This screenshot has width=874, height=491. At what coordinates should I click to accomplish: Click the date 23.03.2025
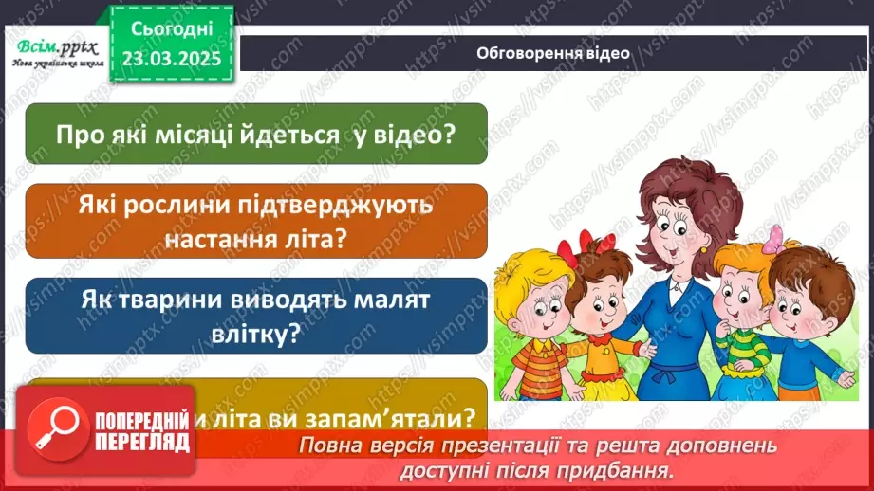(x=171, y=57)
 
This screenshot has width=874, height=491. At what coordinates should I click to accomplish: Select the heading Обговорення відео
(x=553, y=54)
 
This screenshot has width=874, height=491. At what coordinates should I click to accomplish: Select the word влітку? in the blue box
(x=256, y=334)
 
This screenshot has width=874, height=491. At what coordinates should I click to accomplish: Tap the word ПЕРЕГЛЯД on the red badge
(x=141, y=441)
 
